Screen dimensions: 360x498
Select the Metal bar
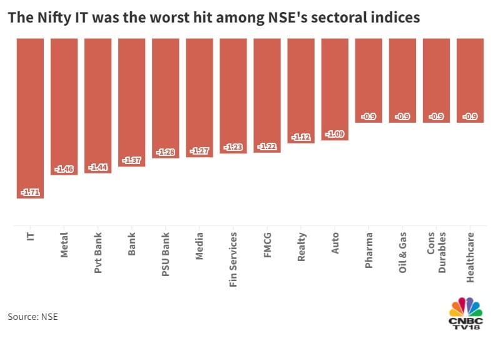click(64, 106)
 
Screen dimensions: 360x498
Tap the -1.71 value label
click(30, 192)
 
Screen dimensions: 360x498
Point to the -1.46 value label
click(64, 169)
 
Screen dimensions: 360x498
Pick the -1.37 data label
click(131, 161)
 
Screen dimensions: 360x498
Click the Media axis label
click(200, 248)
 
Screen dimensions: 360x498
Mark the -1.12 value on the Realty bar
click(301, 138)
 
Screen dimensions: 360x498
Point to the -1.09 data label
click(335, 134)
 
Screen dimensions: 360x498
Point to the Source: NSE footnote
click(33, 317)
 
